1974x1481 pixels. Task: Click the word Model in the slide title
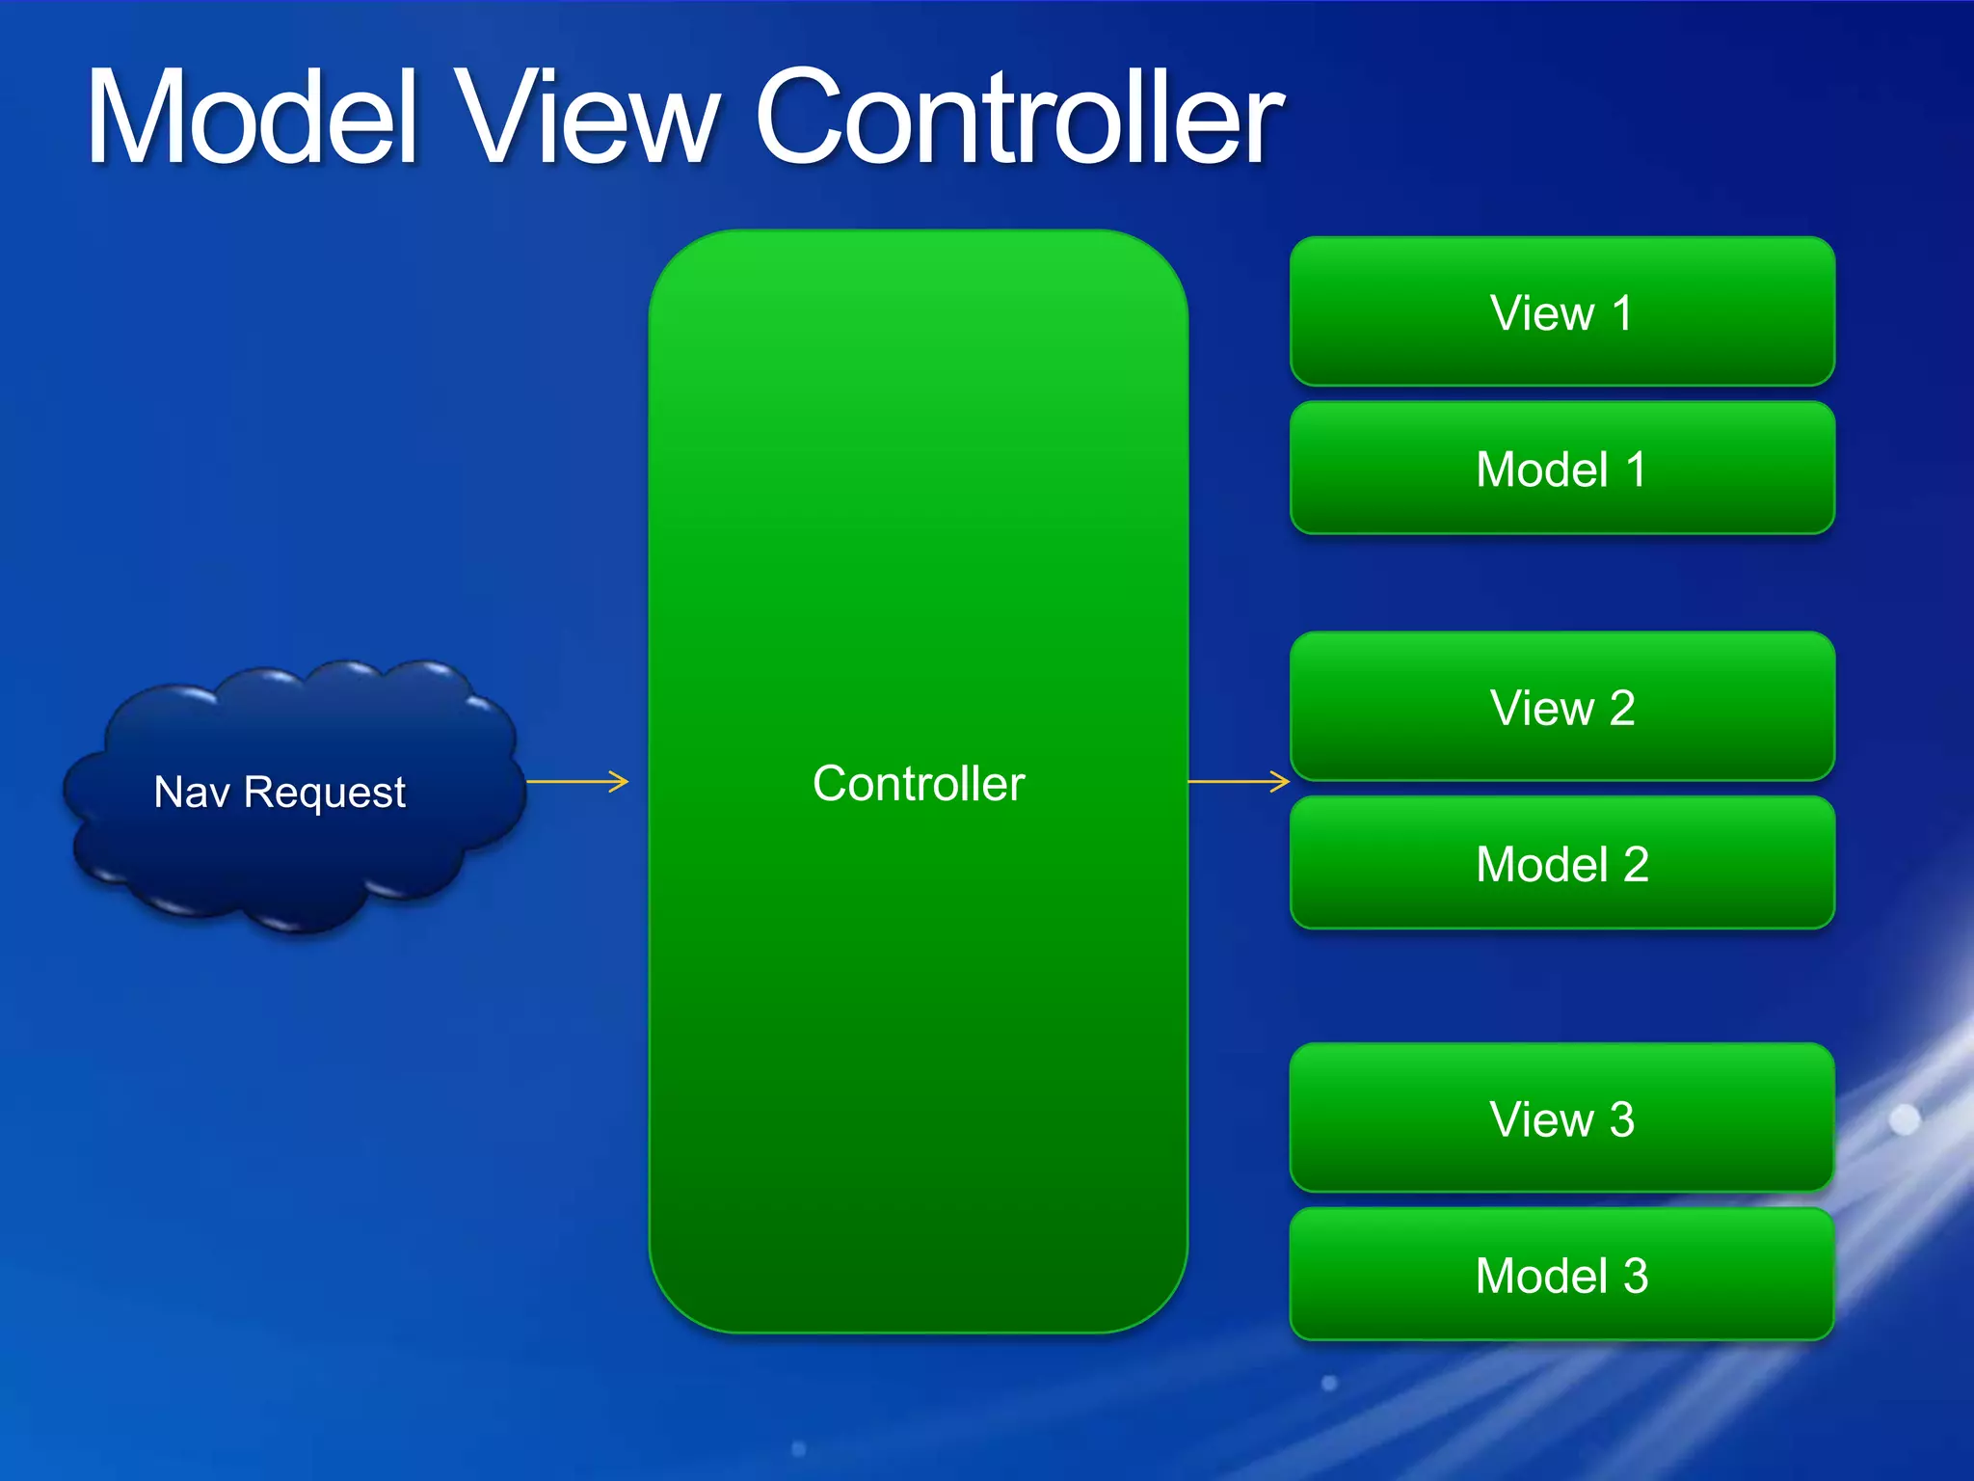pyautogui.click(x=253, y=118)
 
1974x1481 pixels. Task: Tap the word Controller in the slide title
pyautogui.click(x=1019, y=118)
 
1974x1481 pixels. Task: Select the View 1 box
pyautogui.click(x=1561, y=311)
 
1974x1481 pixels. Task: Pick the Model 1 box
pyautogui.click(x=1561, y=469)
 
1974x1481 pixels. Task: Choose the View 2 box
pyautogui.click(x=1561, y=707)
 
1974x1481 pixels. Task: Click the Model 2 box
pyautogui.click(x=1561, y=863)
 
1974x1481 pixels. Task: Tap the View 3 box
pyautogui.click(x=1561, y=1118)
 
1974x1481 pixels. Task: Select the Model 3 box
pyautogui.click(x=1561, y=1275)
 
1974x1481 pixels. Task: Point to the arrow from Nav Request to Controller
pyautogui.click(x=577, y=781)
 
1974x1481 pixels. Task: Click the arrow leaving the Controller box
pyautogui.click(x=1239, y=781)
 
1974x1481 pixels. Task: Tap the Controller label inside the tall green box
pyautogui.click(x=919, y=783)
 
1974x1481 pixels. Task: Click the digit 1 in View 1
pyautogui.click(x=1622, y=312)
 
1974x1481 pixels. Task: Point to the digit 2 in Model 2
pyautogui.click(x=1636, y=864)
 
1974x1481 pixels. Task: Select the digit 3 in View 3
pyautogui.click(x=1621, y=1119)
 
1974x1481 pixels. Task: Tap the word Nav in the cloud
pyautogui.click(x=192, y=792)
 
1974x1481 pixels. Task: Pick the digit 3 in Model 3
pyautogui.click(x=1636, y=1276)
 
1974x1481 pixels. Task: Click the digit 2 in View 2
pyautogui.click(x=1621, y=708)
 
